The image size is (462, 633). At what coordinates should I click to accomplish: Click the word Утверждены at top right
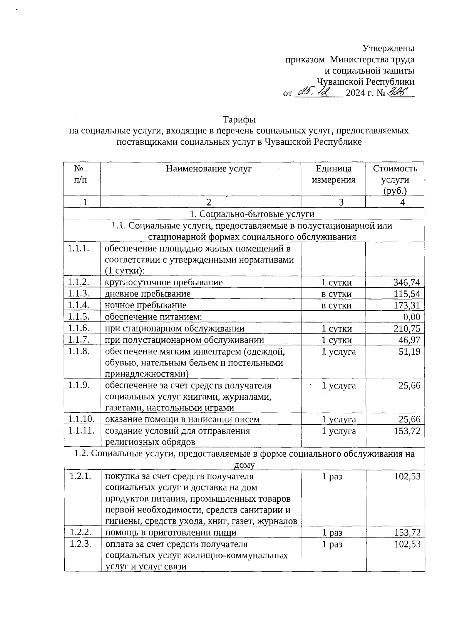pyautogui.click(x=388, y=49)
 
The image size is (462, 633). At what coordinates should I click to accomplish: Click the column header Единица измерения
pyautogui.click(x=333, y=174)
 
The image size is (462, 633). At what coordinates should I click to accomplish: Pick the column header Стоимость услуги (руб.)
pyautogui.click(x=395, y=179)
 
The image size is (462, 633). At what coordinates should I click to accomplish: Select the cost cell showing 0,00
pyautogui.click(x=411, y=317)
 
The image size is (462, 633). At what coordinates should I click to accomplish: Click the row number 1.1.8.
pyautogui.click(x=79, y=351)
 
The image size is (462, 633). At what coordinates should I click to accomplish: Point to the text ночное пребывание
pyautogui.click(x=146, y=305)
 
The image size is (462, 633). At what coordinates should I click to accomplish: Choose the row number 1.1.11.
pyautogui.click(x=81, y=431)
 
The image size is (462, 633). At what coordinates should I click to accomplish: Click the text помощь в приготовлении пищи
pyautogui.click(x=171, y=533)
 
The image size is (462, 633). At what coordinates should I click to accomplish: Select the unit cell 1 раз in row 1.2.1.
pyautogui.click(x=332, y=477)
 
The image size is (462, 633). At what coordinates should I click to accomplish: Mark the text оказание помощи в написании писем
pyautogui.click(x=182, y=419)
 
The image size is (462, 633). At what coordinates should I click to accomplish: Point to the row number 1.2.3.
pyautogui.click(x=80, y=544)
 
